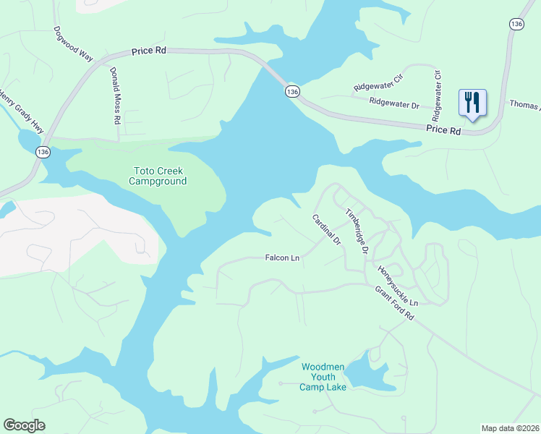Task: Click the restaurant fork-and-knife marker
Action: point(472,102)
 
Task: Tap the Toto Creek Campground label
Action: point(158,176)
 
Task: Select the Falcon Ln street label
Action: point(282,258)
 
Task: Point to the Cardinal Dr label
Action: point(326,229)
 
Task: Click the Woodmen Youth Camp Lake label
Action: point(323,377)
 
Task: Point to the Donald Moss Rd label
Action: point(114,96)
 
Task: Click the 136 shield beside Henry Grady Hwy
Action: point(43,152)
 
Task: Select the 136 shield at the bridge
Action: point(291,92)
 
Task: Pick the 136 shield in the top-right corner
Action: point(516,24)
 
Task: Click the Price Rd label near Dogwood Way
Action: point(148,52)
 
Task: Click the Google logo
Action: point(24,425)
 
